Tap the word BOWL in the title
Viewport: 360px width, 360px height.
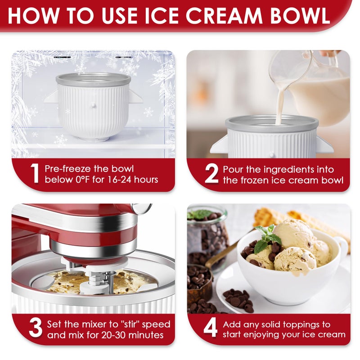click(x=300, y=16)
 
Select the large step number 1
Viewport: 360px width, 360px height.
click(x=35, y=173)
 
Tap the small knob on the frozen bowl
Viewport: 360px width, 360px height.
click(x=94, y=105)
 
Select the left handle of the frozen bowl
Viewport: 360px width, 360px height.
click(x=50, y=97)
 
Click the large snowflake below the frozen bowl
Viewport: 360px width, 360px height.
click(x=60, y=140)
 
